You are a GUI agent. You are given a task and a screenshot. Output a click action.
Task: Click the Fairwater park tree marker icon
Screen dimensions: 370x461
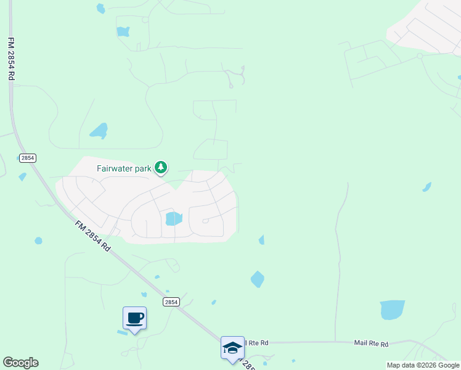(161, 167)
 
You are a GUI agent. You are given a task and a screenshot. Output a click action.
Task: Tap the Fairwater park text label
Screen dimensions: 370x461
(124, 168)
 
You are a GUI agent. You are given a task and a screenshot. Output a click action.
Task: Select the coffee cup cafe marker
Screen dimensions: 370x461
(134, 319)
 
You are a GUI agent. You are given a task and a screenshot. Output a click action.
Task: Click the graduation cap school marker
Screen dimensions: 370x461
(232, 348)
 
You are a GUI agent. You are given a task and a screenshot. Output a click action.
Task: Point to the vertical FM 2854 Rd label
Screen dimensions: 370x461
(11, 59)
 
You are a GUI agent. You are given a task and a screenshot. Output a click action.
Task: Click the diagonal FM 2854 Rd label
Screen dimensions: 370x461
(92, 236)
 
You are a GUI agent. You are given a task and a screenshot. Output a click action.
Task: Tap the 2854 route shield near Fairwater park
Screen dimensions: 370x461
(27, 158)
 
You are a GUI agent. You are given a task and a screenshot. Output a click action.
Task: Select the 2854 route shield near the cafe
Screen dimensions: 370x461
(171, 302)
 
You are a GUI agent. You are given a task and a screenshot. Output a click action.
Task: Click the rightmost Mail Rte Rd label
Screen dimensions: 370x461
(371, 343)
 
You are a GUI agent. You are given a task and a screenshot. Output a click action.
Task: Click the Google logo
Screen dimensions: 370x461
(21, 363)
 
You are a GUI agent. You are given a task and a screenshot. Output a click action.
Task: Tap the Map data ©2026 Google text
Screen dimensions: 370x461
(423, 365)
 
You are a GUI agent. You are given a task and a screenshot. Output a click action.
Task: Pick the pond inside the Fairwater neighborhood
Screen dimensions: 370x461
(174, 218)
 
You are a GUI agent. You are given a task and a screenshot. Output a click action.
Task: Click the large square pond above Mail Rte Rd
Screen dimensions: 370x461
(392, 310)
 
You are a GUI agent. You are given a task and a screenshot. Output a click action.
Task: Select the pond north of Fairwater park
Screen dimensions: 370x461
(99, 131)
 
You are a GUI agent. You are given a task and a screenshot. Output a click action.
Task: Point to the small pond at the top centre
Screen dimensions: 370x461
(100, 9)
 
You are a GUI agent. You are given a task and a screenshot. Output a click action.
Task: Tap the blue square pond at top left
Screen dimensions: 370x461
(123, 31)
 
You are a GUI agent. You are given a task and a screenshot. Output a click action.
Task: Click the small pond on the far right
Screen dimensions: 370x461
(426, 187)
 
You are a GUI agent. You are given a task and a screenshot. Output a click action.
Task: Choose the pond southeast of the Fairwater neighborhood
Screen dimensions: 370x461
(257, 279)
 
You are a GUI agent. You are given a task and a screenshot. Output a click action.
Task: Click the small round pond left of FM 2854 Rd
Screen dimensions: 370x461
(38, 240)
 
